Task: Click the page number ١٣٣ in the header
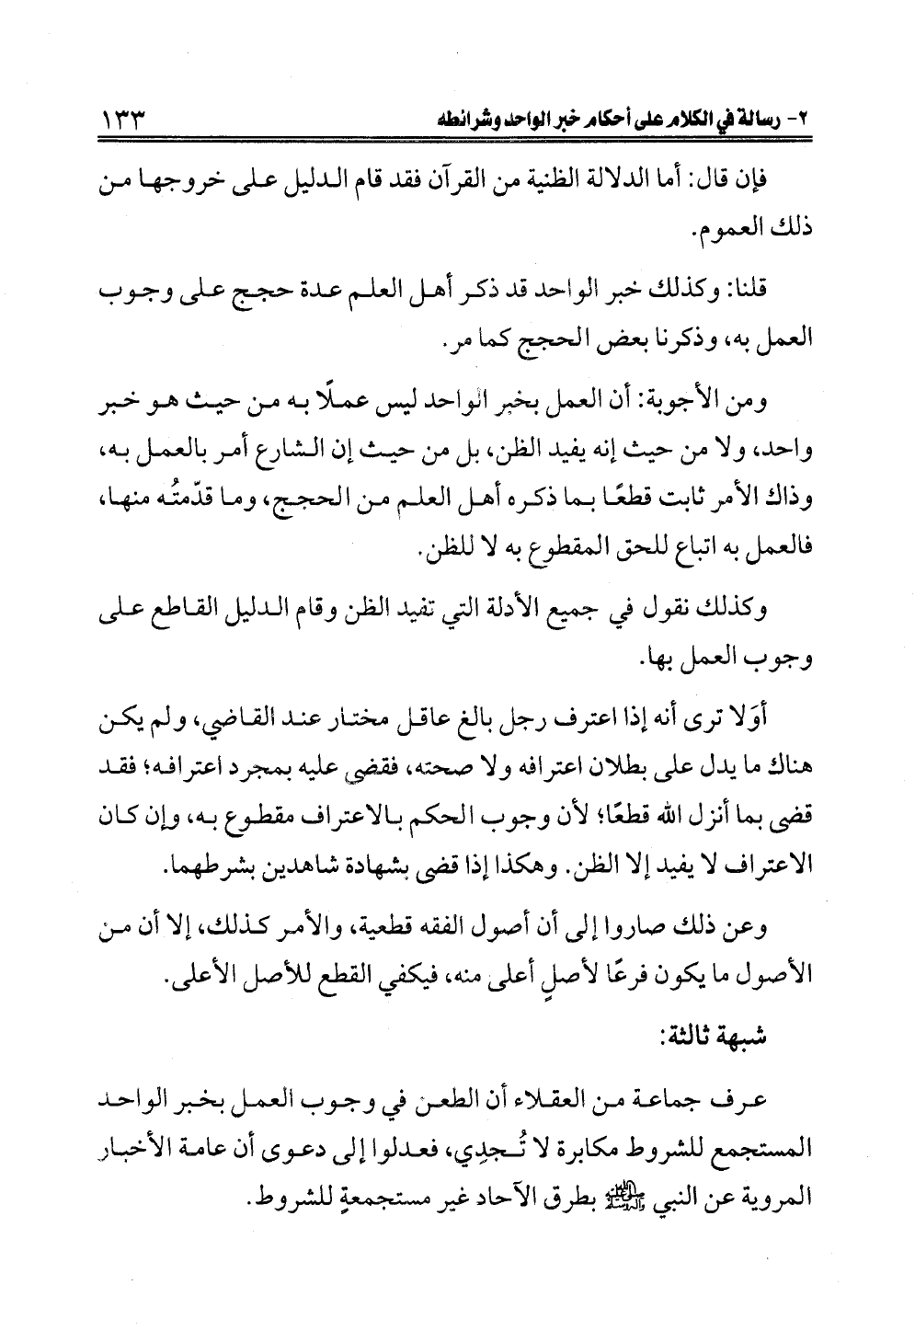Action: (x=129, y=120)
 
